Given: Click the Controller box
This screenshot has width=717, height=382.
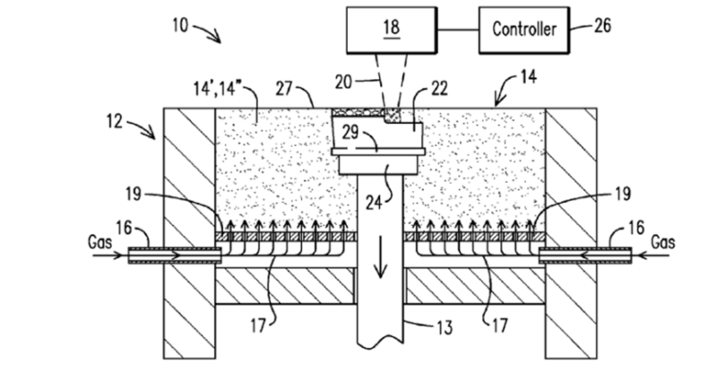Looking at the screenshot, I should (x=525, y=29).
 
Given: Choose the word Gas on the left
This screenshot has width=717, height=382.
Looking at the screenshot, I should (x=100, y=243).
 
